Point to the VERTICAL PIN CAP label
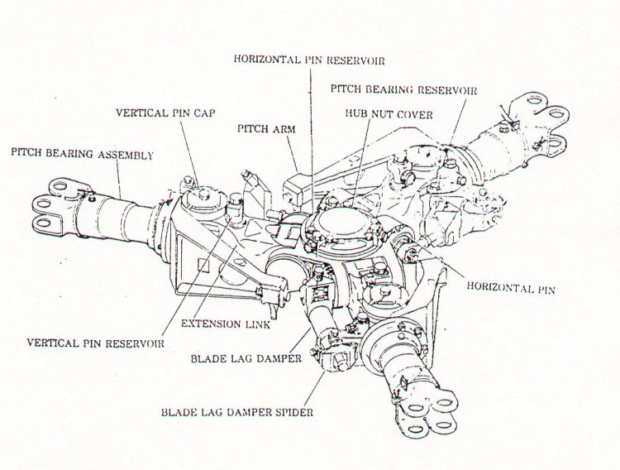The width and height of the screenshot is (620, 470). pyautogui.click(x=165, y=112)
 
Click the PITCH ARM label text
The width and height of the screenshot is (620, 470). pyautogui.click(x=262, y=129)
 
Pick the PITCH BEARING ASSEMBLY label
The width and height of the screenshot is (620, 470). pyautogui.click(x=81, y=153)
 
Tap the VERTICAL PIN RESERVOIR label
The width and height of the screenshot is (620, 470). pyautogui.click(x=94, y=341)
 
